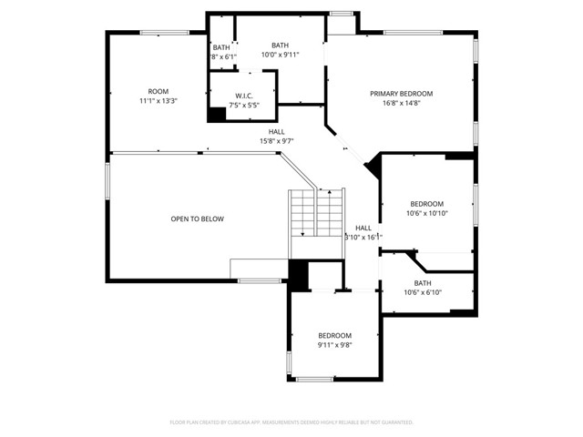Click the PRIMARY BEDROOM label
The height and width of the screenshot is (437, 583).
tap(401, 94)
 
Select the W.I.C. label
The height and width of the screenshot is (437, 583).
tap(243, 96)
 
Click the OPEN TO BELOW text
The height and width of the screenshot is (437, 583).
tap(198, 218)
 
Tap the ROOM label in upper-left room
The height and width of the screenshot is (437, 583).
tap(159, 91)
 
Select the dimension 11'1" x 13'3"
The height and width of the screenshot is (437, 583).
tap(159, 101)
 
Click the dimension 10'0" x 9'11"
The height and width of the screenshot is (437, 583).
tap(280, 55)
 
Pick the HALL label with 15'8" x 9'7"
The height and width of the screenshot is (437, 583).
tap(277, 131)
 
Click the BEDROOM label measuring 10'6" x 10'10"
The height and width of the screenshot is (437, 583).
tap(426, 203)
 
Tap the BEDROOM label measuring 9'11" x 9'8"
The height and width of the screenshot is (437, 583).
tap(333, 335)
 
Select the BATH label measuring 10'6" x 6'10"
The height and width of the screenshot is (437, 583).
tap(423, 283)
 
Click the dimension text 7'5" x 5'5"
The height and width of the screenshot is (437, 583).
tap(243, 106)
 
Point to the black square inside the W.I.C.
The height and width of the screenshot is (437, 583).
tap(217, 115)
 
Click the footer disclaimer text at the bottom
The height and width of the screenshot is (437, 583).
tap(291, 422)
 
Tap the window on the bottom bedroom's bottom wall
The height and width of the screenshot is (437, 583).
tap(315, 379)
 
